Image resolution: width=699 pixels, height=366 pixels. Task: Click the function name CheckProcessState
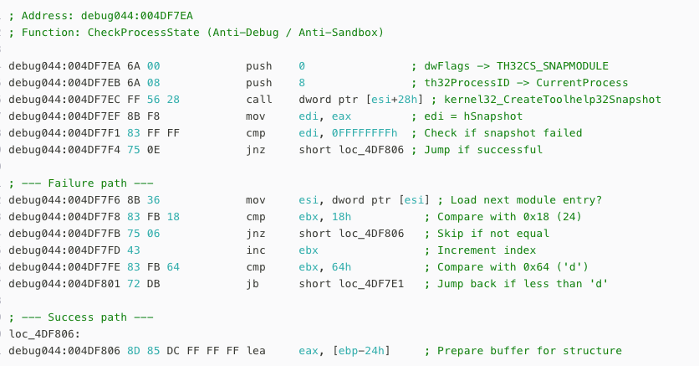tap(144, 33)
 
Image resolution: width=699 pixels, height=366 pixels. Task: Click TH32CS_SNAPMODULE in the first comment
tap(553, 66)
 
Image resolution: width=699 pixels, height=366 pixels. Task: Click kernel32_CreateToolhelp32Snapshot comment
tap(553, 100)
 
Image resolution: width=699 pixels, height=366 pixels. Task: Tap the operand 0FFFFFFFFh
tap(365, 133)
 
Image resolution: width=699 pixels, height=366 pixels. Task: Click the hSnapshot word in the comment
tap(493, 116)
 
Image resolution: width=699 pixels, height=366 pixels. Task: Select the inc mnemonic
tap(256, 250)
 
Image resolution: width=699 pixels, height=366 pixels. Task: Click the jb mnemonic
tap(253, 284)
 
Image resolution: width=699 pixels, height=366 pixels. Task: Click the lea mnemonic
tap(256, 351)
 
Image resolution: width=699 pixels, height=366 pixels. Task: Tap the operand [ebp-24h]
tap(361, 351)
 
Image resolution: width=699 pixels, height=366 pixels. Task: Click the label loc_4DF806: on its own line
tap(44, 334)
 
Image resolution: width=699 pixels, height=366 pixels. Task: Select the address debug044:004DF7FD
tap(64, 250)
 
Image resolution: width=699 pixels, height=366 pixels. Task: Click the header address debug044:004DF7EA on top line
tap(137, 16)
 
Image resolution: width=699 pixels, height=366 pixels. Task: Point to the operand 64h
tap(341, 267)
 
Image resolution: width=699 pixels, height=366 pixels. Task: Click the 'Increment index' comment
tap(487, 250)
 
